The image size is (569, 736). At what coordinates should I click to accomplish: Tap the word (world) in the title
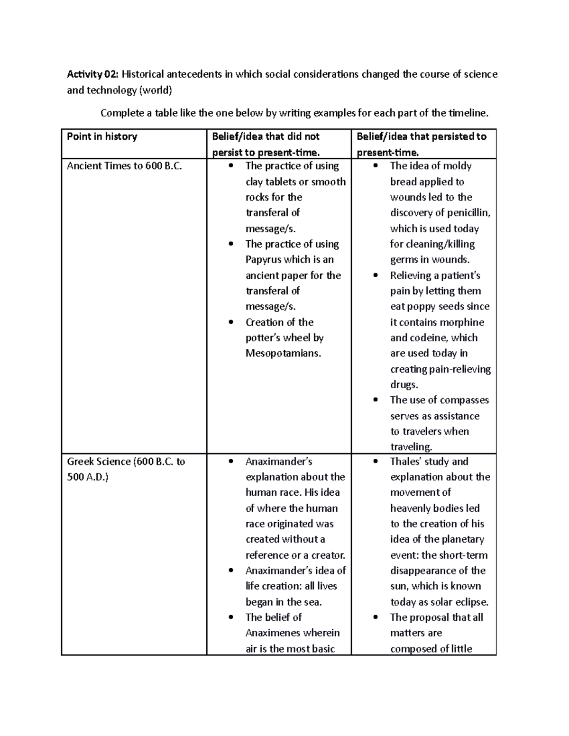click(x=155, y=90)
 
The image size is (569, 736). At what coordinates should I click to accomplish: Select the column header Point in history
click(x=102, y=136)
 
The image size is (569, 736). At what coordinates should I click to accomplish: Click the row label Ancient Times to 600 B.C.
click(x=124, y=166)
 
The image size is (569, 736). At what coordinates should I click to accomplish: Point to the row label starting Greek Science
click(x=126, y=462)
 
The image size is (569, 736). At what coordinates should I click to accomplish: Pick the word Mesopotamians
click(x=283, y=353)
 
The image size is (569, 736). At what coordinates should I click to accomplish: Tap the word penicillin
click(x=468, y=213)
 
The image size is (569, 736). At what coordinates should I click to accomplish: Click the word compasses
click(x=462, y=400)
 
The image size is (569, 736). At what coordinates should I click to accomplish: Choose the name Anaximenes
click(x=273, y=633)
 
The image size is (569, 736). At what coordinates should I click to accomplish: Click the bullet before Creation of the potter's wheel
click(x=231, y=322)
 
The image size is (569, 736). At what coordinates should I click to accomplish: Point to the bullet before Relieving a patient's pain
click(x=376, y=275)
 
